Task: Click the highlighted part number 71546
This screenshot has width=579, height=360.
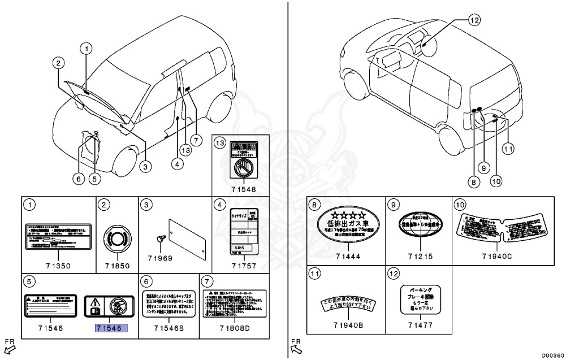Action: [111, 327]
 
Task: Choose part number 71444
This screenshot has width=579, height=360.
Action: [346, 256]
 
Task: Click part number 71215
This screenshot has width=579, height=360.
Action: [420, 256]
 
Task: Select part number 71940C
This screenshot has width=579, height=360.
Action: [498, 256]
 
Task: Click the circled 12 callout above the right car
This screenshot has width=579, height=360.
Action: [474, 21]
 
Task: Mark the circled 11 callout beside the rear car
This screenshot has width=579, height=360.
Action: [508, 149]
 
